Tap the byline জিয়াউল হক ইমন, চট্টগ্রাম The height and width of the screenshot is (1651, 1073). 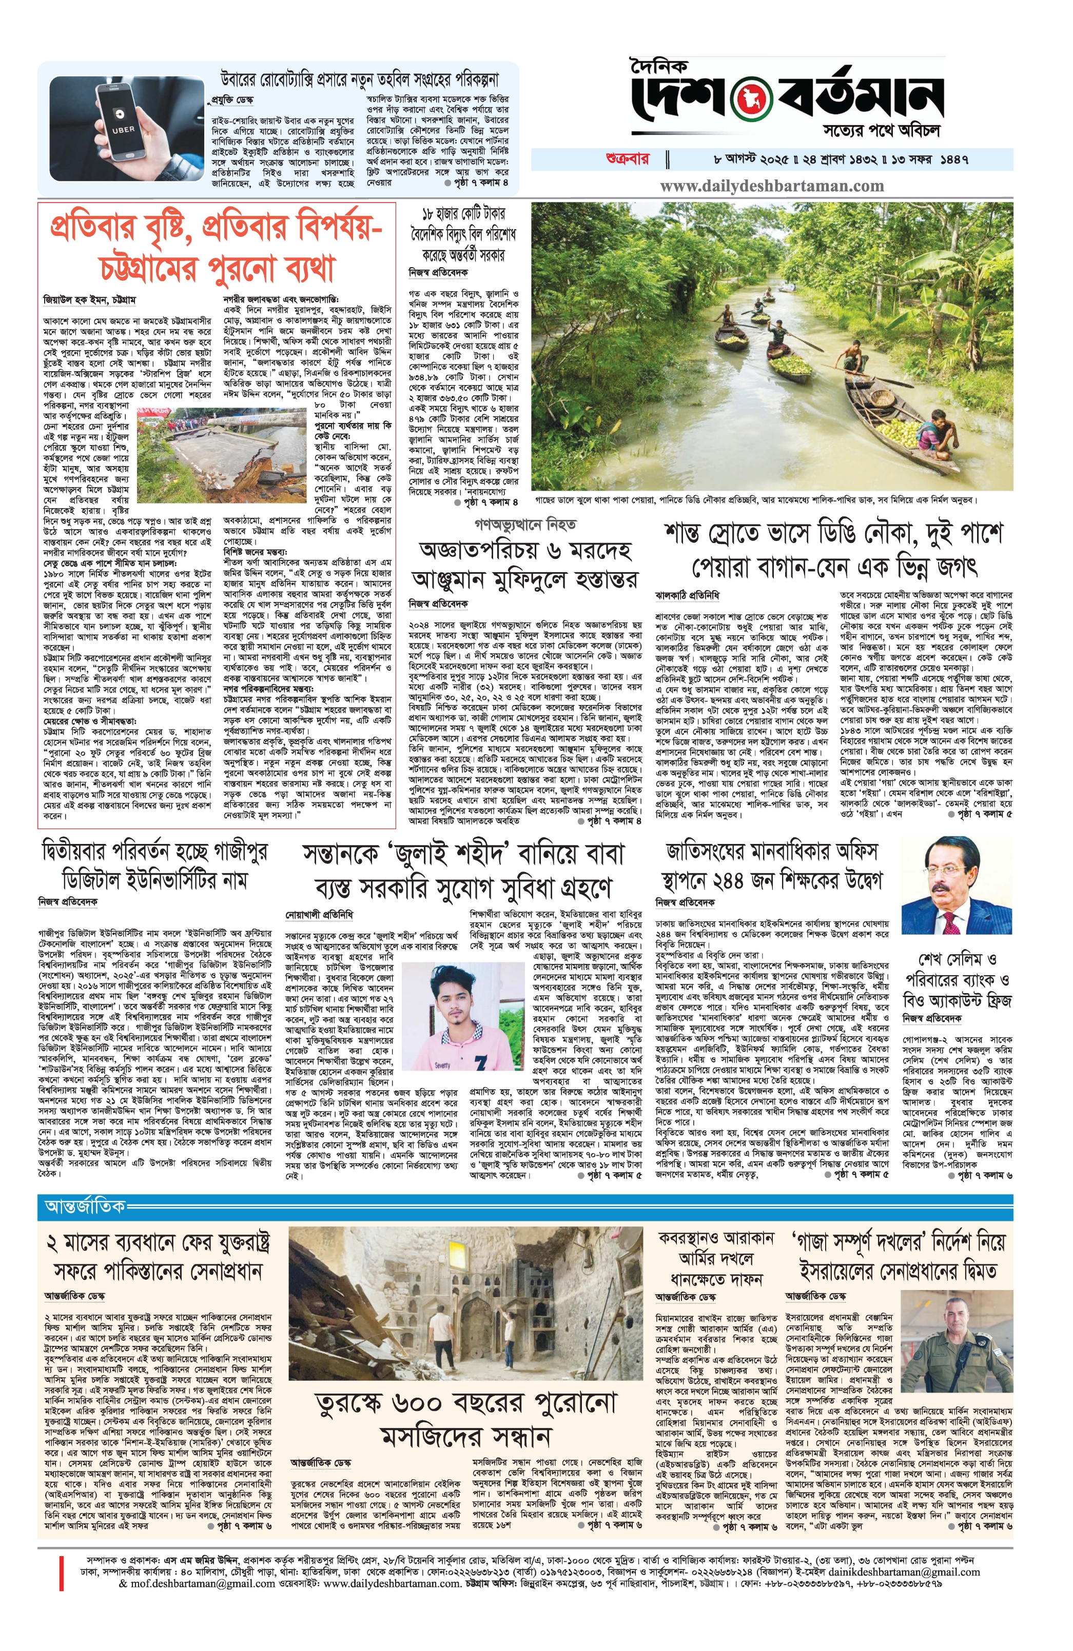pyautogui.click(x=89, y=300)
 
